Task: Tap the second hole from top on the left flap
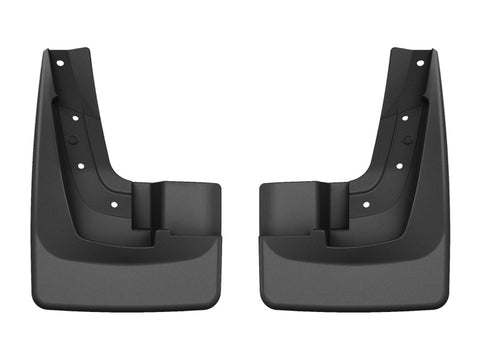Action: (x=73, y=117)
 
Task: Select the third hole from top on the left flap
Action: (x=81, y=165)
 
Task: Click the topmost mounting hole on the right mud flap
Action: (x=419, y=63)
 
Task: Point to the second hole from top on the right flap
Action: (x=406, y=117)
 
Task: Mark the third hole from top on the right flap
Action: (x=398, y=165)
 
